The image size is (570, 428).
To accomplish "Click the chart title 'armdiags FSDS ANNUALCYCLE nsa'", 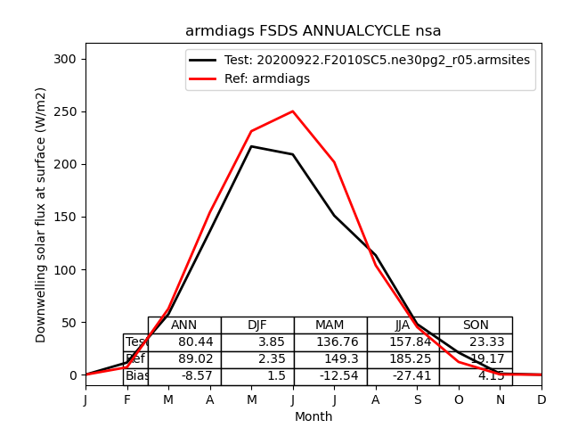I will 313,31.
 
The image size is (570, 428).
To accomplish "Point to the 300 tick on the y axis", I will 67,59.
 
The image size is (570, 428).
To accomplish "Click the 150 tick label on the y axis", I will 67,217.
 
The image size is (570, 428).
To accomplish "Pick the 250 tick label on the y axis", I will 67,111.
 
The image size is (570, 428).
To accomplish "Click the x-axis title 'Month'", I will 313,416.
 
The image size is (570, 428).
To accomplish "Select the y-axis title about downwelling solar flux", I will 41,215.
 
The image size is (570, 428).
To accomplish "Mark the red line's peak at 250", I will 293,111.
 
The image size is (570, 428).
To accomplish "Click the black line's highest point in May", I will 251,146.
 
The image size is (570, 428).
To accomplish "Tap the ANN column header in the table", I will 184,325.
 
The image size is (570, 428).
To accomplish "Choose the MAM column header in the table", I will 330,325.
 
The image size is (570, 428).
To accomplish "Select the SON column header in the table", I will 476,325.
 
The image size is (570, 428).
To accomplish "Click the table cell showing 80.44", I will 184,342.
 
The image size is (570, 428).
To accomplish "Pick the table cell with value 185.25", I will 403,359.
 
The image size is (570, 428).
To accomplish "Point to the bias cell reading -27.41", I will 403,376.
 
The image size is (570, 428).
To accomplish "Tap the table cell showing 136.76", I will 330,342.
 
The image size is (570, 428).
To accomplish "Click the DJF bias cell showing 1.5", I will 257,376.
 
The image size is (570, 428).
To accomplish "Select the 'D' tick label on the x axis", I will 541,400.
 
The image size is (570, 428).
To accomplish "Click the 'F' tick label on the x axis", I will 127,400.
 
